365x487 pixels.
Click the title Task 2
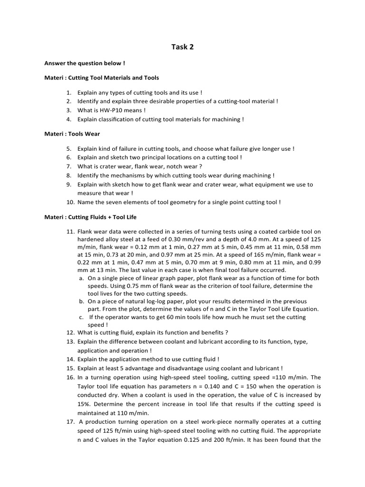182,47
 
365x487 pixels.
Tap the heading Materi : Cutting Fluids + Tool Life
90,217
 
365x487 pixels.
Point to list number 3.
69,110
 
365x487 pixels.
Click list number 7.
69,166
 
